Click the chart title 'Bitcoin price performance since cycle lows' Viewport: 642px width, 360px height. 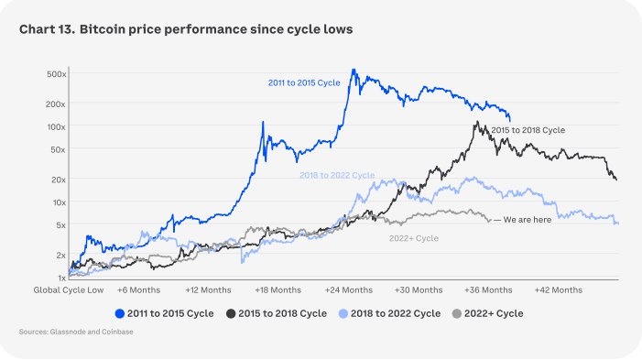(x=216, y=29)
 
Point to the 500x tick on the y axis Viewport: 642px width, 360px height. (x=57, y=74)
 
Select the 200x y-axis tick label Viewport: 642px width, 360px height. (x=56, y=104)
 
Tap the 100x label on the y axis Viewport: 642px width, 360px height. (x=57, y=127)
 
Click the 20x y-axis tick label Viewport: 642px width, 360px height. (x=58, y=180)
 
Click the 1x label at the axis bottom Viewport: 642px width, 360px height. (x=62, y=278)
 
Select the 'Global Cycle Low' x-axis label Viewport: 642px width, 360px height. (x=69, y=290)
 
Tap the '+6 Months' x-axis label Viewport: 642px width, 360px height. (x=139, y=290)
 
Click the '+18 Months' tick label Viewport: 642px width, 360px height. (x=278, y=290)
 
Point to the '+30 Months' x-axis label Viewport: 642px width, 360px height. (x=419, y=290)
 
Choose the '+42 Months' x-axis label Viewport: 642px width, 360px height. (x=559, y=290)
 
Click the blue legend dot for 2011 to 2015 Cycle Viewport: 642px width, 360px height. (x=120, y=313)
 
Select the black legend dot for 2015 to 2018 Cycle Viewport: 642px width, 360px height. (x=231, y=313)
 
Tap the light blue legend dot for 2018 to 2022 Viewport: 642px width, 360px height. (x=343, y=313)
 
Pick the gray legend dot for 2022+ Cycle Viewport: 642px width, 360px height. (x=456, y=313)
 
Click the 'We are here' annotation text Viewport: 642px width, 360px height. (x=528, y=220)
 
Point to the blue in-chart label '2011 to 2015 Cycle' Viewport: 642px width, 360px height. (x=304, y=82)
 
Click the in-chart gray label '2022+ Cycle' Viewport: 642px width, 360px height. (x=414, y=238)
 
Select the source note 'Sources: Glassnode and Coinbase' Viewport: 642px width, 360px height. (x=76, y=332)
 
